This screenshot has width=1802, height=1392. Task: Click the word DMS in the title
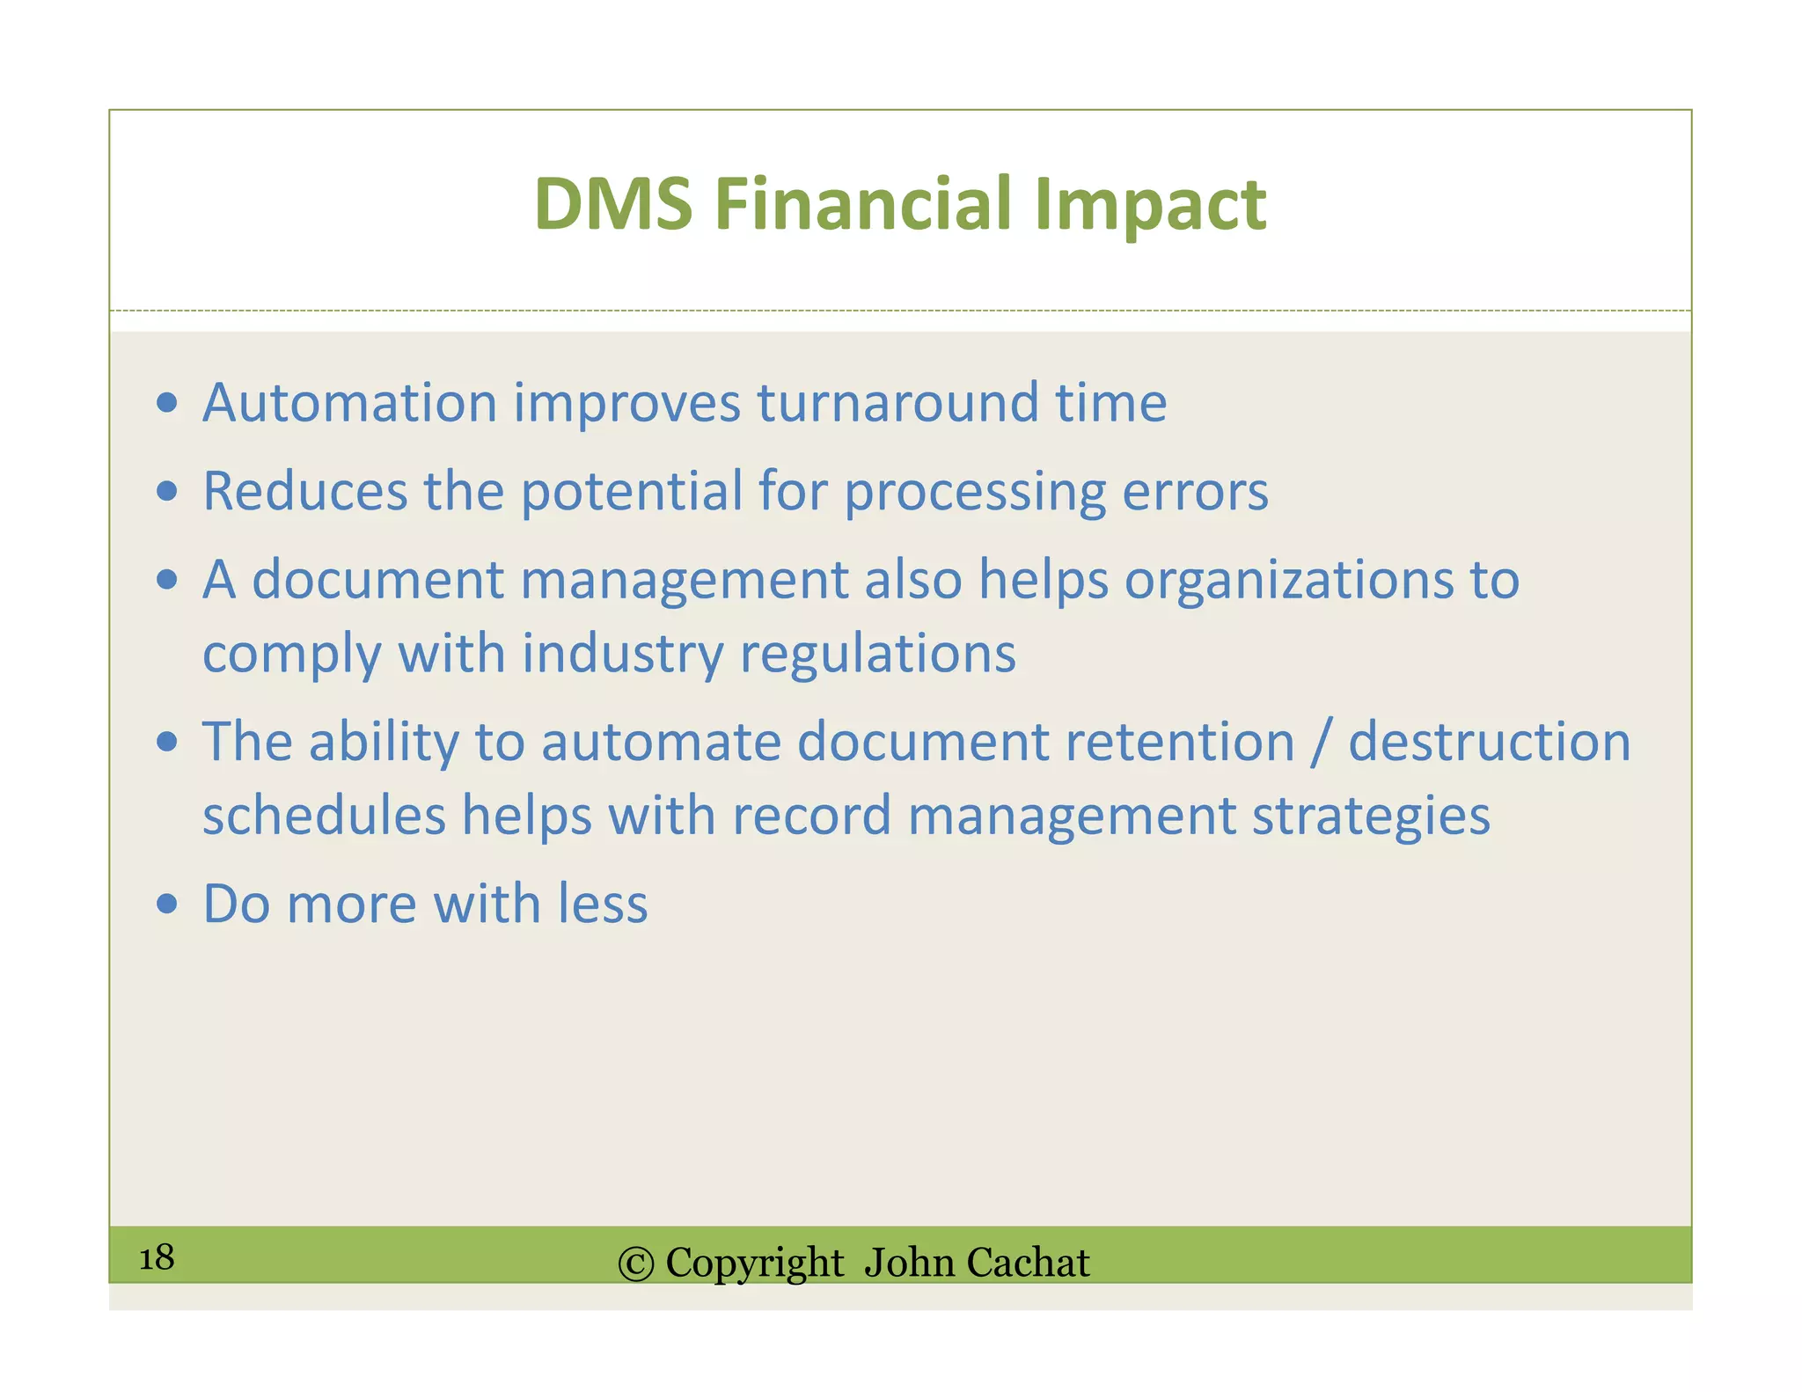coord(613,204)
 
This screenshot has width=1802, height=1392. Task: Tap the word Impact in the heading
coord(1150,204)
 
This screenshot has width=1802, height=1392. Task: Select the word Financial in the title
coord(863,204)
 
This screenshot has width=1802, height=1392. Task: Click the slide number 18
coord(157,1257)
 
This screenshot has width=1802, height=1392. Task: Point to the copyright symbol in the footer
coord(636,1264)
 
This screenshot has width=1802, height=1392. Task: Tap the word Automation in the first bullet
coord(350,403)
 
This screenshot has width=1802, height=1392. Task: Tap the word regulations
coord(877,655)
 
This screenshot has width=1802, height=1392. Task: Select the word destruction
coord(1489,742)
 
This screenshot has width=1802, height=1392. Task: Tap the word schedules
coord(324,816)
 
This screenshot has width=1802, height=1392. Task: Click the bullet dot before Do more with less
coord(166,904)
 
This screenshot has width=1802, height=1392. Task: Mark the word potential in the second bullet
coord(632,491)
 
